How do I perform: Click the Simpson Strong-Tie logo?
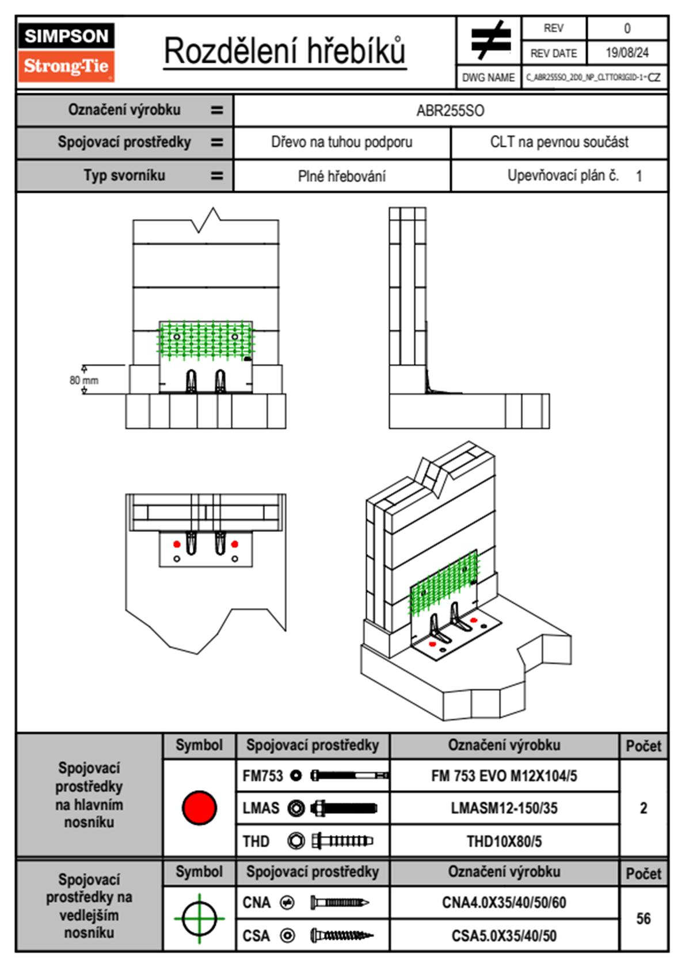tap(66, 52)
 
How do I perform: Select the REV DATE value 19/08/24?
tap(626, 53)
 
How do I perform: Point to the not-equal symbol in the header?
tap(490, 40)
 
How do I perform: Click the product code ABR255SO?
tap(450, 110)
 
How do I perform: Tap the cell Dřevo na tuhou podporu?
tap(341, 142)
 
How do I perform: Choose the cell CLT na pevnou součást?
tap(559, 142)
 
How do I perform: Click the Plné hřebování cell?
tap(341, 176)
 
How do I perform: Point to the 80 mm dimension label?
tap(84, 380)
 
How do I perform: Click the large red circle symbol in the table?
tap(199, 807)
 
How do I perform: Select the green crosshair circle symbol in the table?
tap(199, 919)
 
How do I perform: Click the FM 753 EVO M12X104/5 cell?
tap(504, 776)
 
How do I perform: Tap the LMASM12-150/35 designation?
tap(504, 808)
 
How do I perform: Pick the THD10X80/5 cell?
tap(504, 841)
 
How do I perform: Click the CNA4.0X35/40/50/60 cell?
tap(504, 902)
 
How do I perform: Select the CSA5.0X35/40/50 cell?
tap(504, 936)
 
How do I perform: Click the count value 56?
tap(643, 919)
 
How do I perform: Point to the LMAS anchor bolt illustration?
tap(344, 808)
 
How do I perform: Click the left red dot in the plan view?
tap(177, 544)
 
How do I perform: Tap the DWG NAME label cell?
tap(488, 78)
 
